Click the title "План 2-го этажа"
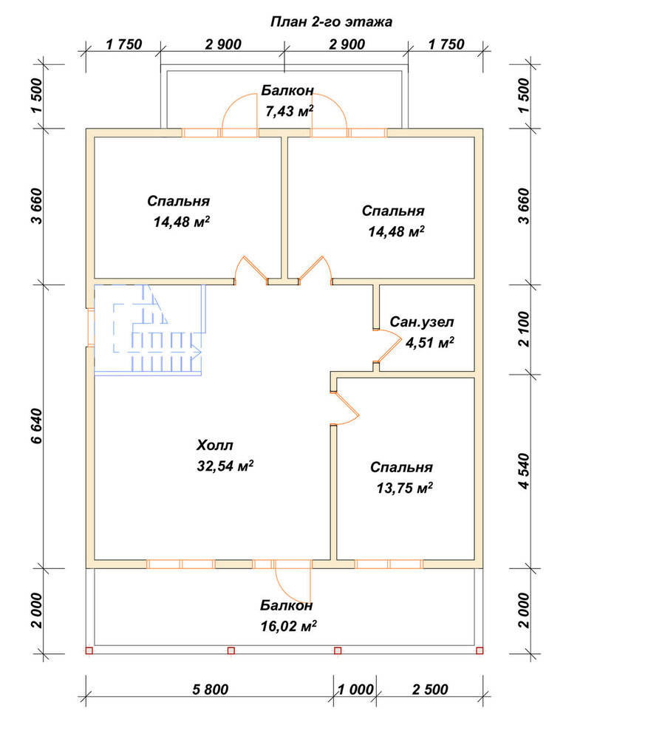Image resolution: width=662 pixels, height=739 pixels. tap(331, 21)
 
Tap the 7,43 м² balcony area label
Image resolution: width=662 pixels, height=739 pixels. tap(290, 112)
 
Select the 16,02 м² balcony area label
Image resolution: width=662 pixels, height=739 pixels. tap(288, 626)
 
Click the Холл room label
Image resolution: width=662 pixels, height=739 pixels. tap(215, 445)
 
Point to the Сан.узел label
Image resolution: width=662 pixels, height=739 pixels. tap(422, 322)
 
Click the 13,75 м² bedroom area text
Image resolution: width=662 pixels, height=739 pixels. tap(404, 488)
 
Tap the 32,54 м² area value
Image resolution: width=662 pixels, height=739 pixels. tap(225, 466)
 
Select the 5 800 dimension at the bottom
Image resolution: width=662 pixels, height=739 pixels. tap(210, 689)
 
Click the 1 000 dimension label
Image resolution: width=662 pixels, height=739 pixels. tap(355, 689)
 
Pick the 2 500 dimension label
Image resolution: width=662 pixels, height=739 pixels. tap(430, 689)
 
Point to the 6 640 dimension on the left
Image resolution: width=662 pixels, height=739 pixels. tap(37, 426)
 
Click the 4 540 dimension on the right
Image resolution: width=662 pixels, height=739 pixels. tap(524, 471)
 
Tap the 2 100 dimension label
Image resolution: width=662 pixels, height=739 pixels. tap(524, 329)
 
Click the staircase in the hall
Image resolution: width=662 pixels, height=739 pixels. tap(150, 330)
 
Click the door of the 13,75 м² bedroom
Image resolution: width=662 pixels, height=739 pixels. tap(346, 408)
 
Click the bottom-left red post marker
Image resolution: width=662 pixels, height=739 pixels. tap(89, 651)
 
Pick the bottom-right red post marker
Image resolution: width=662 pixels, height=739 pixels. tap(480, 651)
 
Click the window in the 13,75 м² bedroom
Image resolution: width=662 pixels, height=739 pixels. tap(389, 564)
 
